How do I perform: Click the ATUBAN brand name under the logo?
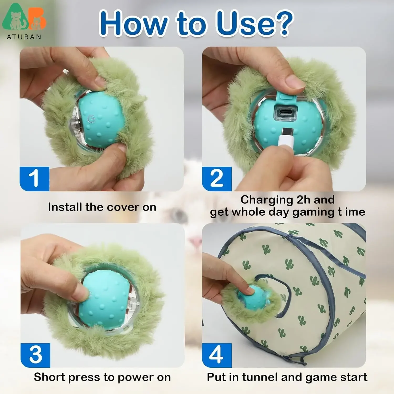click(x=24, y=37)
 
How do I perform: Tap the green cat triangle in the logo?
click(x=15, y=18)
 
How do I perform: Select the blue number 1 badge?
click(x=34, y=179)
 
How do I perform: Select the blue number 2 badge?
click(x=217, y=179)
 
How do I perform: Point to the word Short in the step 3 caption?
click(x=50, y=377)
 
